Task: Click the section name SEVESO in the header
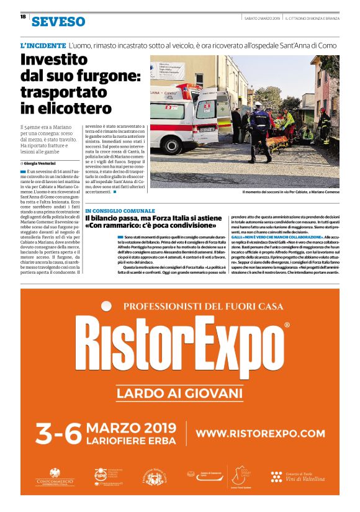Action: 58,22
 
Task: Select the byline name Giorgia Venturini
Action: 43,163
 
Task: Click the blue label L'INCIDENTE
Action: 43,46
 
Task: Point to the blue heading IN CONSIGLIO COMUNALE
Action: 120,211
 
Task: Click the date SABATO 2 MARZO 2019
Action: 262,17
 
